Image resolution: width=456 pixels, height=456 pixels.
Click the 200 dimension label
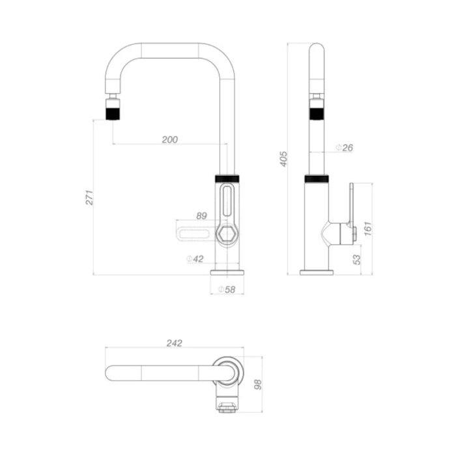[170, 139]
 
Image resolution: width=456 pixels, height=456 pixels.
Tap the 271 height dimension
[89, 197]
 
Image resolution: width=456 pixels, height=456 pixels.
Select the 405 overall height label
[283, 159]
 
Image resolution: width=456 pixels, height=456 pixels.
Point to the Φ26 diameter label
[345, 148]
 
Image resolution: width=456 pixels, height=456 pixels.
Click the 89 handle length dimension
[201, 216]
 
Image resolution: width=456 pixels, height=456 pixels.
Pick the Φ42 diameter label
[195, 259]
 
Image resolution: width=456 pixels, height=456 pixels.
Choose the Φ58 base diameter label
[227, 289]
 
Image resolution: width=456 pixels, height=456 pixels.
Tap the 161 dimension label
[368, 229]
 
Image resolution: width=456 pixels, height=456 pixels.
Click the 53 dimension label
[356, 259]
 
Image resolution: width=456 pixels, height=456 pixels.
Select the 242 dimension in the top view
[175, 343]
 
